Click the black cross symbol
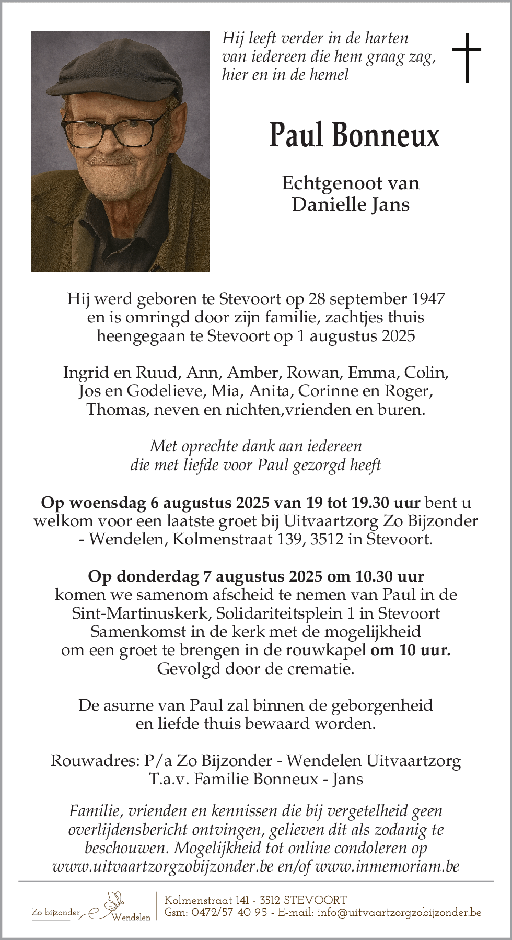(x=466, y=57)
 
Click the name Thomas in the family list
(x=117, y=409)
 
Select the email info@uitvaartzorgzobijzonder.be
(x=399, y=913)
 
